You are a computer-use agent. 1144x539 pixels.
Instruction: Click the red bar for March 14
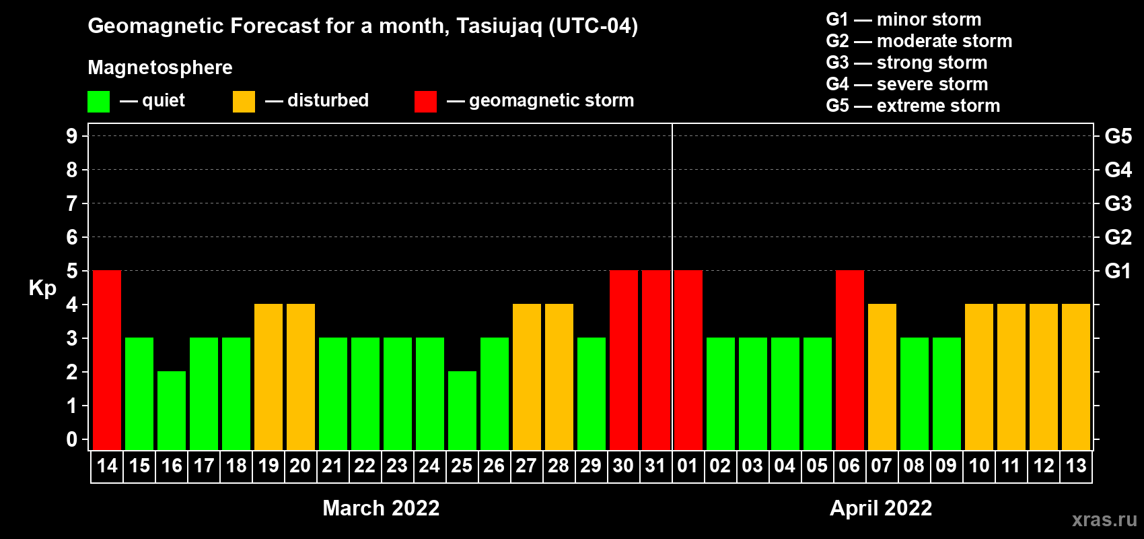107,360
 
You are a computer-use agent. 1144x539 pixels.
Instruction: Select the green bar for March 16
172,410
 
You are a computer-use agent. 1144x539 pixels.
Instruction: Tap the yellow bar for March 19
269,377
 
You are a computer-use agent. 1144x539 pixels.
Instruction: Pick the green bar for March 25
462,410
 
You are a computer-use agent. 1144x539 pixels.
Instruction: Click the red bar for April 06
850,360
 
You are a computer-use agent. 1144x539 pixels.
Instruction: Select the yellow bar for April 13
1076,377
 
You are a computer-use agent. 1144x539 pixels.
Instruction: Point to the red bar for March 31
656,360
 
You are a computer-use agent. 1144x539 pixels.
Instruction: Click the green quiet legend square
98,101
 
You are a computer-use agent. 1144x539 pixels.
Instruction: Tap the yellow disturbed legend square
244,101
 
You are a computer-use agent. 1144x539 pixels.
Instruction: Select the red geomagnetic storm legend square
425,101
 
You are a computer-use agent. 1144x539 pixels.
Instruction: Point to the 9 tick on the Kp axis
71,136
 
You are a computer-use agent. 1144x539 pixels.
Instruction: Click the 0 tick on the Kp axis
71,439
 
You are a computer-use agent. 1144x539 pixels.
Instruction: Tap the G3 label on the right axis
1118,203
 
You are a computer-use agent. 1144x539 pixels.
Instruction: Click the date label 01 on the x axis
688,466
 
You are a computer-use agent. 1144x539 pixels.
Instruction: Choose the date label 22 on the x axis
365,466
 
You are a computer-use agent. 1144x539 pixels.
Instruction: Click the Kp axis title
42,288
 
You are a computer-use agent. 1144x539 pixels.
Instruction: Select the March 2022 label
381,508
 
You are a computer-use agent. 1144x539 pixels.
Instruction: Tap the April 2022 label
881,508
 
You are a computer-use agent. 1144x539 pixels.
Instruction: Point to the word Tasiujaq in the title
499,26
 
